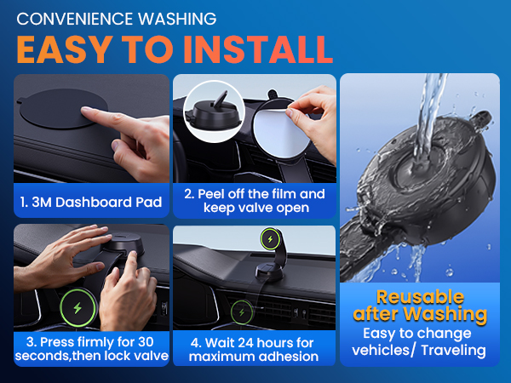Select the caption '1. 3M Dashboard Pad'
89,203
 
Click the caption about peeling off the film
253,202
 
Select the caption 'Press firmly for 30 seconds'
89,347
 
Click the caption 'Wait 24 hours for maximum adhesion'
253,347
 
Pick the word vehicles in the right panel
381,350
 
